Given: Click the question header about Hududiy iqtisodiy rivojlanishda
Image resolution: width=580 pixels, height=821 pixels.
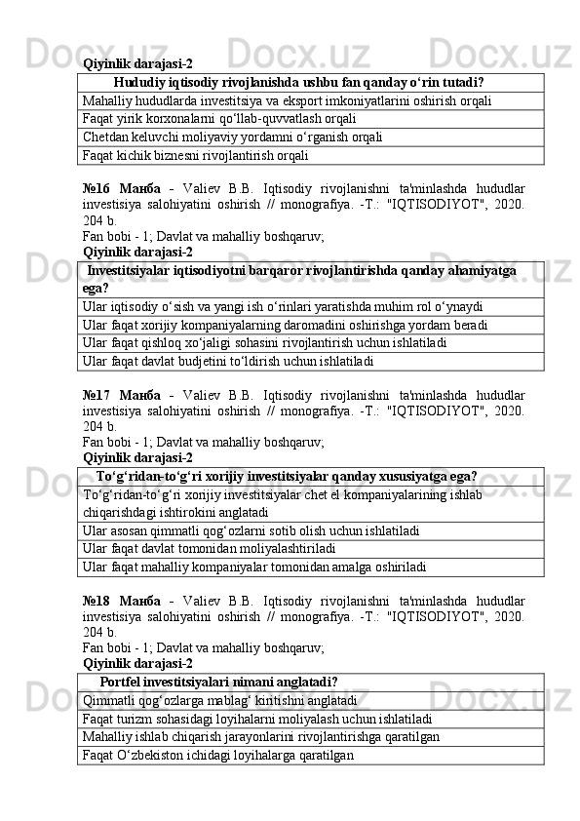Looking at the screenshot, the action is pyautogui.click(x=299, y=82).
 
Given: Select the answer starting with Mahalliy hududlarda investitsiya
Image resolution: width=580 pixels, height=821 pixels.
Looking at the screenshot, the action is pyautogui.click(x=288, y=100).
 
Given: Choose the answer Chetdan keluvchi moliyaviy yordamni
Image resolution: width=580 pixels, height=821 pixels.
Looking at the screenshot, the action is pyautogui.click(x=232, y=137).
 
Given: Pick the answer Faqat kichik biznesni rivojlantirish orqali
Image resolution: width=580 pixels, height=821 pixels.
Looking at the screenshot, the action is pyautogui.click(x=196, y=154).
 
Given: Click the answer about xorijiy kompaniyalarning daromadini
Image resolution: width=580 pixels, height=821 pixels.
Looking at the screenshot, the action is pyautogui.click(x=285, y=324).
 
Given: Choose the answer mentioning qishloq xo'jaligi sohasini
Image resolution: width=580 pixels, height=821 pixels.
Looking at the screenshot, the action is pyautogui.click(x=266, y=342).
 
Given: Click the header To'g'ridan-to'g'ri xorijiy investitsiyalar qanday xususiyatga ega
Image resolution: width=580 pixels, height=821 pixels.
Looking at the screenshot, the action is pyautogui.click(x=287, y=477).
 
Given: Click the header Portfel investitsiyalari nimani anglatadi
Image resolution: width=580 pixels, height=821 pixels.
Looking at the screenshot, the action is pyautogui.click(x=219, y=682).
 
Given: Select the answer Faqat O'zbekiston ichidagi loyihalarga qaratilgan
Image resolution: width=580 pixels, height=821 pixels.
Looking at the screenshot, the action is pyautogui.click(x=218, y=755).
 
